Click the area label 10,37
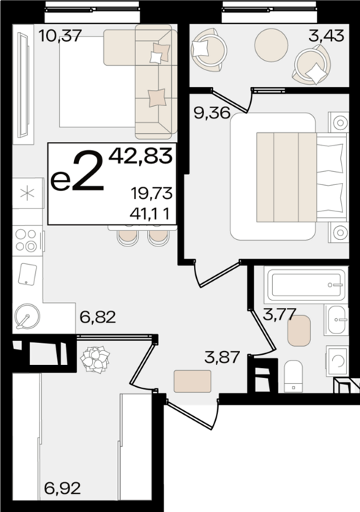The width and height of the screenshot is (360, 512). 59,35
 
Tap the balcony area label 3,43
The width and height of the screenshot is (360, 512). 326,35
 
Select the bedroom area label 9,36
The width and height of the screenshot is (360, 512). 212,113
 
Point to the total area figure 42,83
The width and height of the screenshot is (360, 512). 140,155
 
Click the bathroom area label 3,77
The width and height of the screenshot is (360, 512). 280,315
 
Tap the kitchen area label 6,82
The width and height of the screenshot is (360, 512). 97,317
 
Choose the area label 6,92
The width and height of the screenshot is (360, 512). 62,489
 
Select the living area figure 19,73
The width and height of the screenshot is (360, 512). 151,194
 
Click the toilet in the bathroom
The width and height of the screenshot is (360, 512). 293,375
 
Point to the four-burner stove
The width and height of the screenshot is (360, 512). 27,241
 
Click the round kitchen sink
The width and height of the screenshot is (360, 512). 28,317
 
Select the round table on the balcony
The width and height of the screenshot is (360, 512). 271,45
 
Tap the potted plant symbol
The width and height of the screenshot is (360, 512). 94,359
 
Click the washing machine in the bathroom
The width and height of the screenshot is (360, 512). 337,361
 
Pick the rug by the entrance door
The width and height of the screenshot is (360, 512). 192,381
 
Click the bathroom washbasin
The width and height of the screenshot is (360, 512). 336,320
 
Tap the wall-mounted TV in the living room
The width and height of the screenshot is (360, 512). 24,86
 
